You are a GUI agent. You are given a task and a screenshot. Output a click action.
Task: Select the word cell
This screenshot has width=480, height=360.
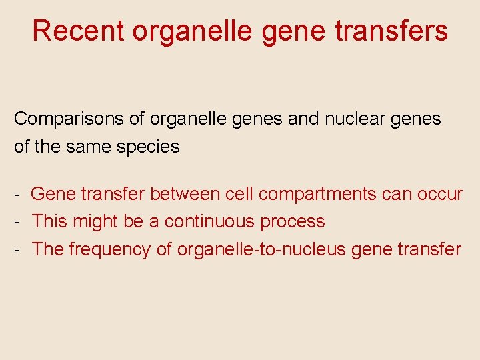[x=239, y=194]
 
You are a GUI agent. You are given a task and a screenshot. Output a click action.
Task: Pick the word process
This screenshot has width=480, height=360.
[x=293, y=221]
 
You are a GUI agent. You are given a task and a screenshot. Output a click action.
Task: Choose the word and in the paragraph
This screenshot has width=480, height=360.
[x=305, y=119]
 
